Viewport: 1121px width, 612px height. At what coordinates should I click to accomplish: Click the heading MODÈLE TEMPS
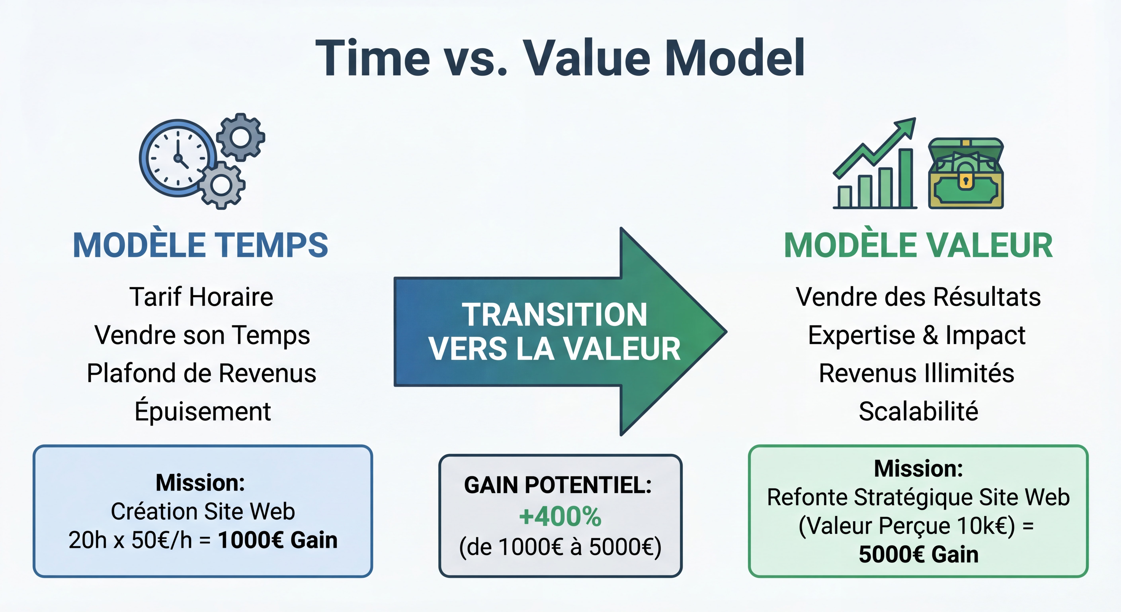pyautogui.click(x=200, y=245)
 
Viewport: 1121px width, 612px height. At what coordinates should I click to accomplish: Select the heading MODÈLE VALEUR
pyautogui.click(x=918, y=245)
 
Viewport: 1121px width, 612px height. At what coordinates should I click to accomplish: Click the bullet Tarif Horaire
pyautogui.click(x=201, y=297)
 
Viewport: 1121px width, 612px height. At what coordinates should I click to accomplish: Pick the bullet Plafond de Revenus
pyautogui.click(x=201, y=373)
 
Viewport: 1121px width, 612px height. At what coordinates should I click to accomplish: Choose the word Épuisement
pyautogui.click(x=202, y=411)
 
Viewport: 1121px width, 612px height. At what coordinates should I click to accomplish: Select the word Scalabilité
pyautogui.click(x=918, y=411)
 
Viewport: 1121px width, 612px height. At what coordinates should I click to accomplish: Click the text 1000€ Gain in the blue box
pyautogui.click(x=278, y=540)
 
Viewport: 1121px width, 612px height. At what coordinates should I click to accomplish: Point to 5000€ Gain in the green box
pyautogui.click(x=918, y=554)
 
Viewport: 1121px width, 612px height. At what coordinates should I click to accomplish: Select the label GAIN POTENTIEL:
pyautogui.click(x=558, y=485)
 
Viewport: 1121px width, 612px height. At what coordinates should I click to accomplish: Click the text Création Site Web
pyautogui.click(x=203, y=511)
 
